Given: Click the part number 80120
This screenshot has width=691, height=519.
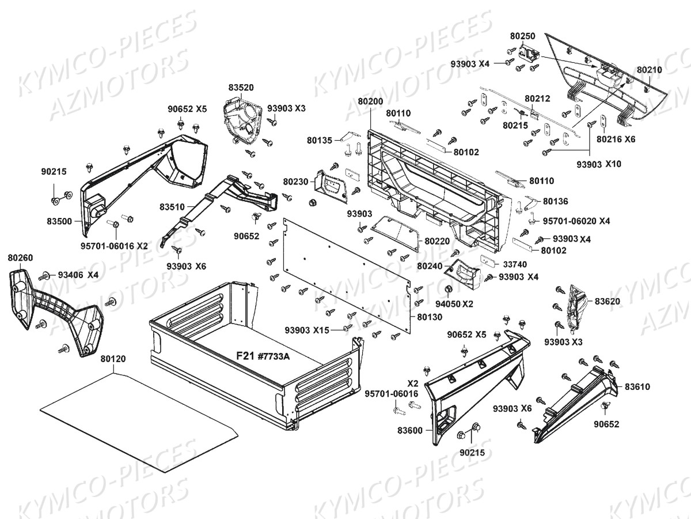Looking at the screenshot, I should tap(113, 359).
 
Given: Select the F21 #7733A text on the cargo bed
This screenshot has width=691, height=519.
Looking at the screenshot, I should tap(263, 356).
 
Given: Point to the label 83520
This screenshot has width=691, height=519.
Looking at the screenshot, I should tap(241, 88).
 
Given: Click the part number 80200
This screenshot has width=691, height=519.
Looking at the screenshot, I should tap(370, 101).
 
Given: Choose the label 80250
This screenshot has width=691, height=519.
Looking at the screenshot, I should tap(523, 36).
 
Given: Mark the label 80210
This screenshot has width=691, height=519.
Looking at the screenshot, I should tap(650, 70).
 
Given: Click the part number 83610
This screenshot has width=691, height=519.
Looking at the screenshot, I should tap(637, 386).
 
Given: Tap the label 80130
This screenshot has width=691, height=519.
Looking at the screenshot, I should tap(430, 317).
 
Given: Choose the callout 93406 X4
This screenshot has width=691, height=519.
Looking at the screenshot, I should tap(78, 275).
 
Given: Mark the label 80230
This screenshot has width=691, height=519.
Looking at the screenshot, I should tap(295, 181).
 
